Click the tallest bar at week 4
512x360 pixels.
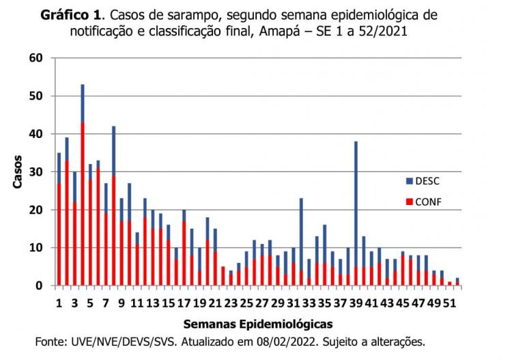[83, 184]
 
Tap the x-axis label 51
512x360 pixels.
[449, 302]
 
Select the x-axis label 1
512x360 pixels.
[59, 302]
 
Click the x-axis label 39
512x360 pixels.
[356, 302]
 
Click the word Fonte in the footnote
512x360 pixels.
[52, 342]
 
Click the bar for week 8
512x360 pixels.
[114, 205]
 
